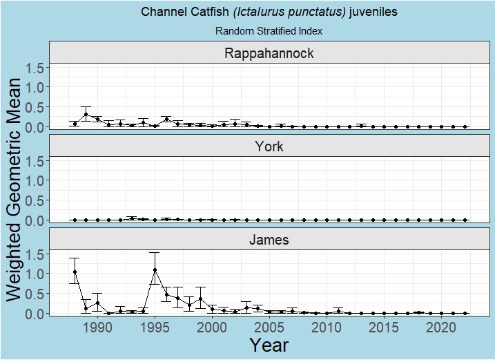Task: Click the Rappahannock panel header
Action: [269, 54]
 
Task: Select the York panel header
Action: [269, 146]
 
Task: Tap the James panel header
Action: [269, 240]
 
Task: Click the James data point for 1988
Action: [75, 272]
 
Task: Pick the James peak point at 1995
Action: [155, 269]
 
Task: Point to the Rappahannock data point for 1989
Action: [86, 115]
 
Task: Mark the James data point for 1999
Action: [201, 299]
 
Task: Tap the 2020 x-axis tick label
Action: [441, 326]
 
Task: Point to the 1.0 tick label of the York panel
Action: [35, 180]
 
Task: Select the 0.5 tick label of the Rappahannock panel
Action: [35, 107]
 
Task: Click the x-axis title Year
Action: [269, 345]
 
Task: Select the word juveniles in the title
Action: [373, 12]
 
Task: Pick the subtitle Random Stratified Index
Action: [269, 31]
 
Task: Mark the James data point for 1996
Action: [166, 294]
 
